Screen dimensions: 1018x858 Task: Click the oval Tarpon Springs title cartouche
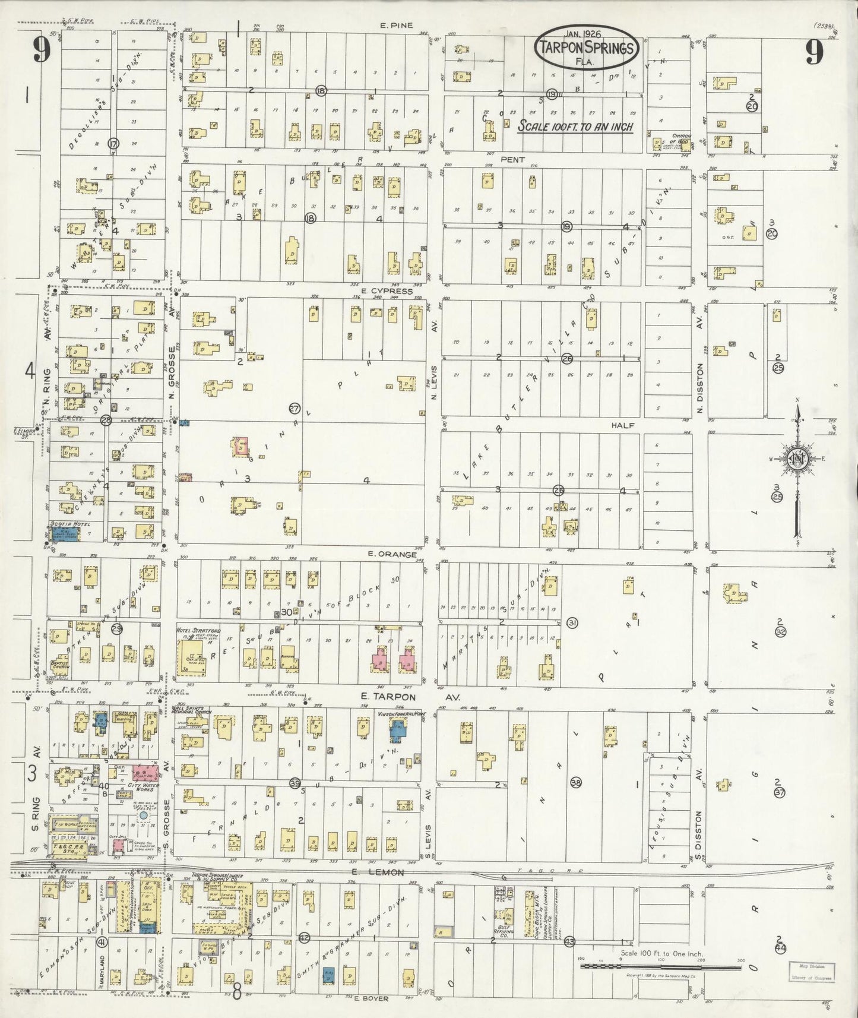pos(587,48)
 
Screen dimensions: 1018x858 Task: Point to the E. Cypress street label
pos(390,291)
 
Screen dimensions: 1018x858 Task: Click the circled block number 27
pos(295,409)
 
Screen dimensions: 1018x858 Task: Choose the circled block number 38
pos(575,783)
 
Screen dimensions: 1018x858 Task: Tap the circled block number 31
pos(572,622)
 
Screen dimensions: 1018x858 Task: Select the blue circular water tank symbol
pos(143,818)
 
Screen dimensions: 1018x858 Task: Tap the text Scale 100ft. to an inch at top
pos(575,127)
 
